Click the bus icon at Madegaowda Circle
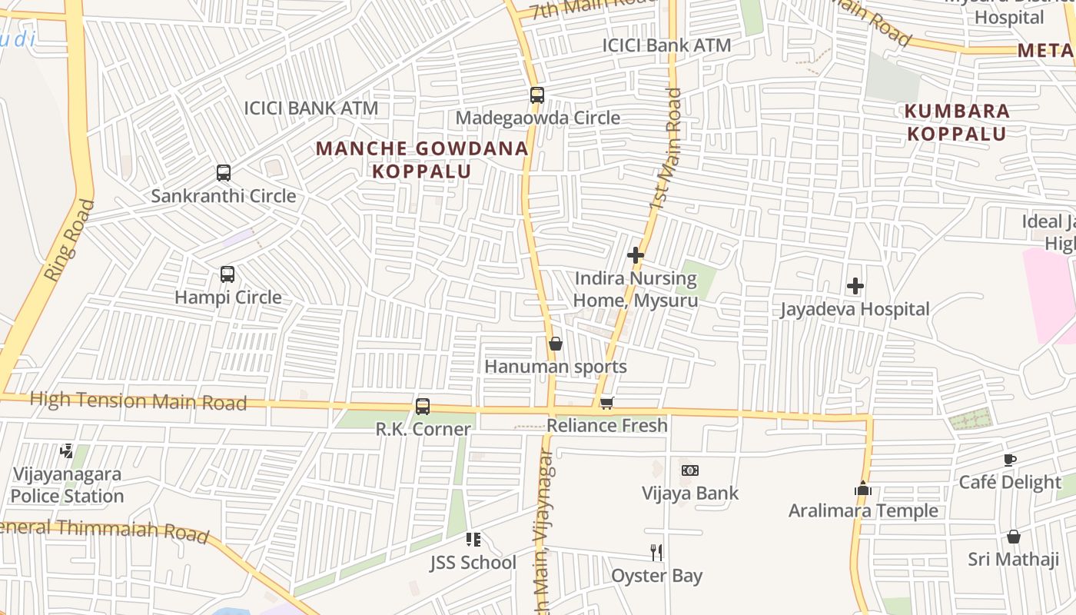537,95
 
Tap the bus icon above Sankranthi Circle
224,173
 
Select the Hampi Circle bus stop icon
227,274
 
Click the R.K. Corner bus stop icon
423,407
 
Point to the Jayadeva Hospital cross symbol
855,287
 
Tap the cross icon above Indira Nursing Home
636,255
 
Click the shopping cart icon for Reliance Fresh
607,403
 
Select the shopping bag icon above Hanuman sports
556,344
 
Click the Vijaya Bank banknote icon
690,470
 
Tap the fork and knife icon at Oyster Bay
656,552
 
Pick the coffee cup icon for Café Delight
1010,460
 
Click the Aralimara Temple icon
863,488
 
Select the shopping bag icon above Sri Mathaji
1014,537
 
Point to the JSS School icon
473,540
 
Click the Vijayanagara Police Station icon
67,451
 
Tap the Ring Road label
69,241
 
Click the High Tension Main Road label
138,401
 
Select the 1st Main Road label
666,150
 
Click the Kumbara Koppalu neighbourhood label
957,122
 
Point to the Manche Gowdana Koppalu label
422,159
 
